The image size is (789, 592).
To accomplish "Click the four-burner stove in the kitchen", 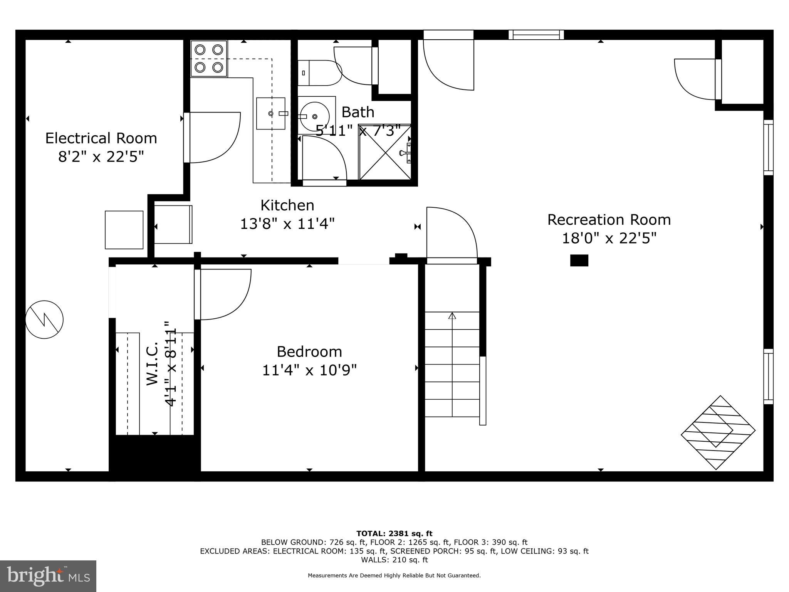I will click(x=209, y=59).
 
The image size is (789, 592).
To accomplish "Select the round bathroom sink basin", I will click(x=314, y=116).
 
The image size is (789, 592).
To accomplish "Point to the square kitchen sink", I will click(x=271, y=113).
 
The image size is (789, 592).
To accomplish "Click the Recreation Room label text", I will click(x=609, y=220).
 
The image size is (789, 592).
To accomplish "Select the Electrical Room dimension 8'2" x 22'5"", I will click(x=101, y=157).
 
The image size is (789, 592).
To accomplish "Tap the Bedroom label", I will click(x=309, y=351).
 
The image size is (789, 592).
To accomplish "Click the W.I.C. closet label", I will click(x=153, y=363).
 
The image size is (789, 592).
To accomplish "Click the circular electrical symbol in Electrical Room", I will click(x=44, y=320).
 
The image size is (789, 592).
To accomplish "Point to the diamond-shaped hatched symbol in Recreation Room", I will click(x=718, y=432).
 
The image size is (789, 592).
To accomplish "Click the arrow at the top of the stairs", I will click(x=452, y=316).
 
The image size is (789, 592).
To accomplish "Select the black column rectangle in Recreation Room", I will click(x=579, y=261).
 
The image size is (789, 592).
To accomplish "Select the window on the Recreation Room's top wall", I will click(x=536, y=35).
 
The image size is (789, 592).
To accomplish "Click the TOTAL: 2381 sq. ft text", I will click(x=394, y=534).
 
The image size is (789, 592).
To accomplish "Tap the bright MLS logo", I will click(x=48, y=576).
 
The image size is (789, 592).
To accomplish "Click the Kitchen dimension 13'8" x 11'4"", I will click(x=287, y=224).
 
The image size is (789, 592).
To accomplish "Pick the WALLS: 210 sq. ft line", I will click(x=394, y=560).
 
